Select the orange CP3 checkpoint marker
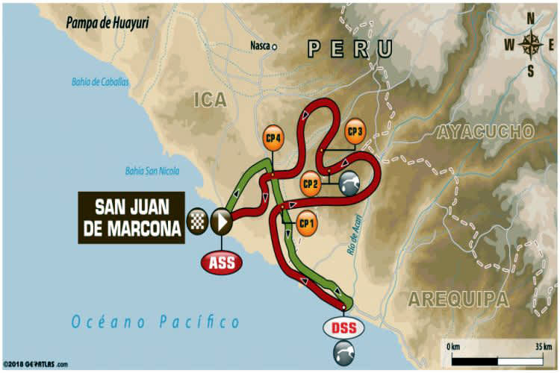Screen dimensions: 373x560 pos(355,131)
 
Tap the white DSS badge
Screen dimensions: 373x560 pos(340,326)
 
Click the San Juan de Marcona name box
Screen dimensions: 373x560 pos(130,218)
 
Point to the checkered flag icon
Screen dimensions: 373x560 pos(196,220)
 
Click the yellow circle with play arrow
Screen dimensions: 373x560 pos(221,220)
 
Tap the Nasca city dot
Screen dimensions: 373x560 pos(274,46)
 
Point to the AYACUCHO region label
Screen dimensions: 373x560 pos(485,132)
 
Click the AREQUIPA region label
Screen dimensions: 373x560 pos(458,299)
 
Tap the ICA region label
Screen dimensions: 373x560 pos(208,100)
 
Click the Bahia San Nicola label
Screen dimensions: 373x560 pos(152,171)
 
